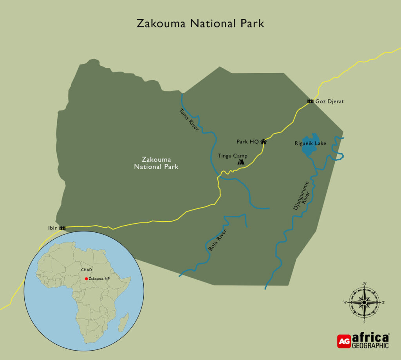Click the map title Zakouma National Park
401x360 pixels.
[200, 24]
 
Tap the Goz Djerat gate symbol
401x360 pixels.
[310, 101]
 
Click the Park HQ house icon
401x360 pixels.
[264, 141]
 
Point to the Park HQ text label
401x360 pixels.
[247, 141]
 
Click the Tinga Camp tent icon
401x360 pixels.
[241, 161]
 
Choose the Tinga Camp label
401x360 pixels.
[233, 156]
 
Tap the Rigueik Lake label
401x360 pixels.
[310, 143]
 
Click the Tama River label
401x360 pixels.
[189, 119]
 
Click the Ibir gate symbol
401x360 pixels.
[62, 228]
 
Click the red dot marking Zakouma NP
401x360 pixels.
[86, 279]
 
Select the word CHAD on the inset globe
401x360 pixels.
[86, 270]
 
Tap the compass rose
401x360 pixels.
[364, 302]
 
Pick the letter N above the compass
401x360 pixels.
[364, 283]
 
